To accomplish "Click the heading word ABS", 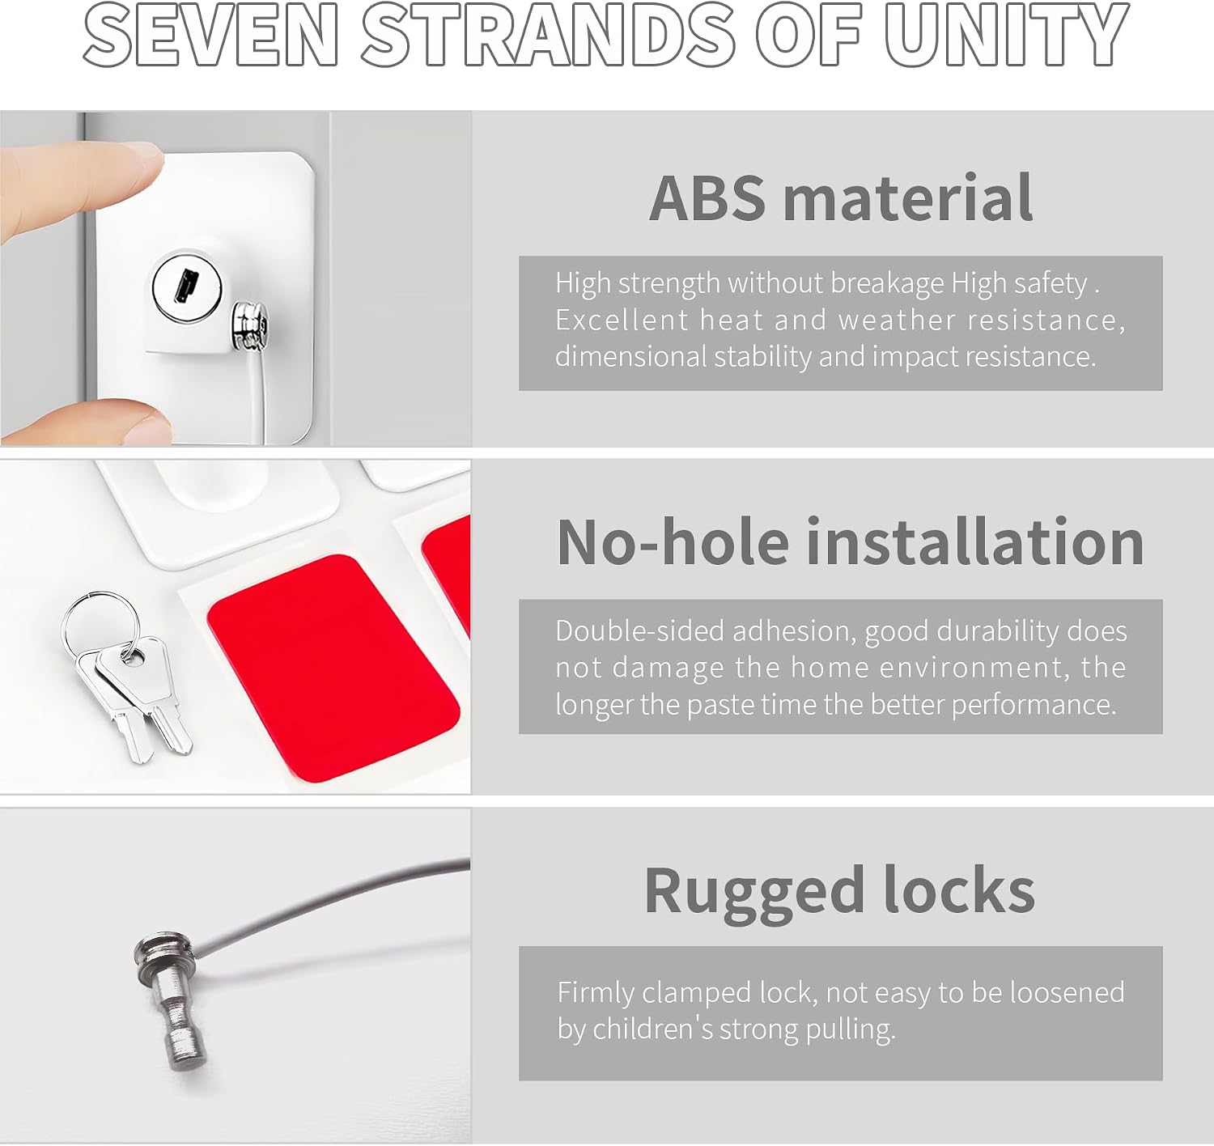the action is [x=707, y=197].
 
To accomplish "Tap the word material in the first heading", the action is [x=908, y=197].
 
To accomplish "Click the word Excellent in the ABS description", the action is [x=622, y=320].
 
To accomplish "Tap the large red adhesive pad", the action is [x=333, y=668].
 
